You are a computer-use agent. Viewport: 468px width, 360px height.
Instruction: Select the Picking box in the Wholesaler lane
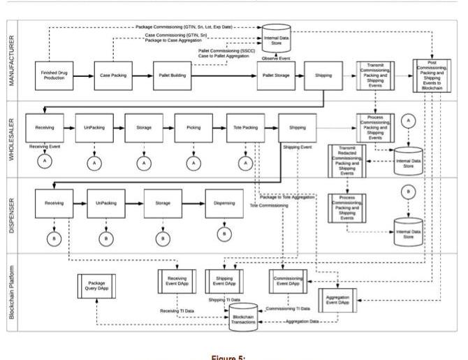coord(194,128)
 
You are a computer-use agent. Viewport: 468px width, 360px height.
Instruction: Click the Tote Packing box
coord(245,128)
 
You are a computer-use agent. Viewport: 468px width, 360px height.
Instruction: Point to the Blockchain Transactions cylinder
coord(243,317)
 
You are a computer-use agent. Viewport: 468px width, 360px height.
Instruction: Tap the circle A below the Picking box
coord(194,163)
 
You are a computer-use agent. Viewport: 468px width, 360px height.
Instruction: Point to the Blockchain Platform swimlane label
coord(11,294)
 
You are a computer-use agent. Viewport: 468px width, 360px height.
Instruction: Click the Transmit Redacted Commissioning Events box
coord(346,162)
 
